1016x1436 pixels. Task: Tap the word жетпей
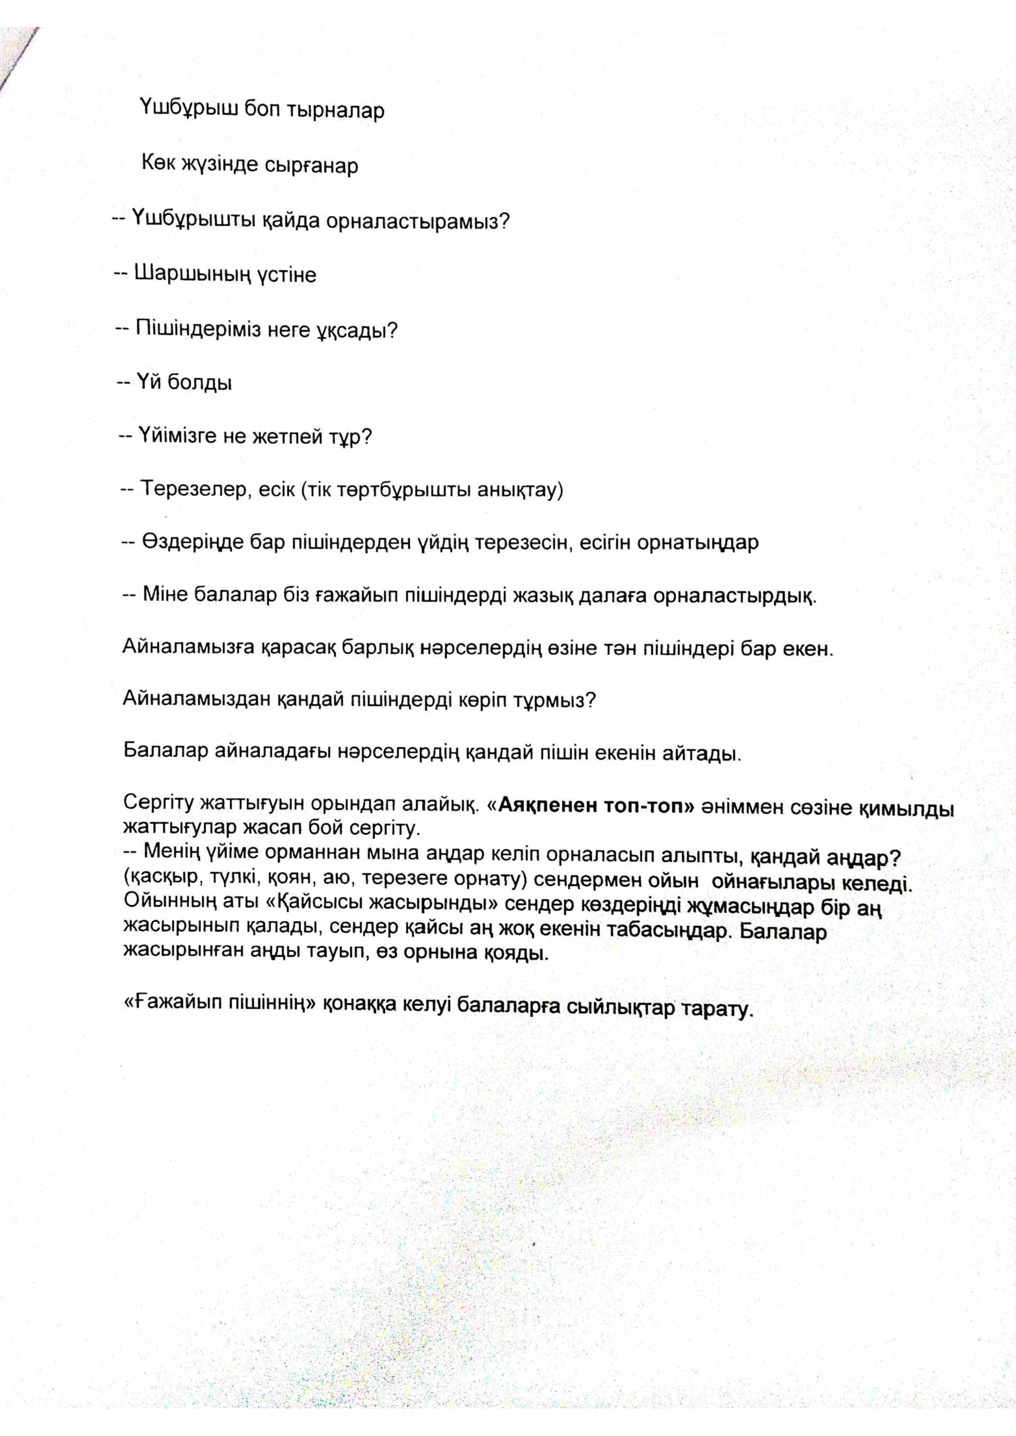[x=287, y=436]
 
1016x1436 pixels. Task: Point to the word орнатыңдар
[x=697, y=542]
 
